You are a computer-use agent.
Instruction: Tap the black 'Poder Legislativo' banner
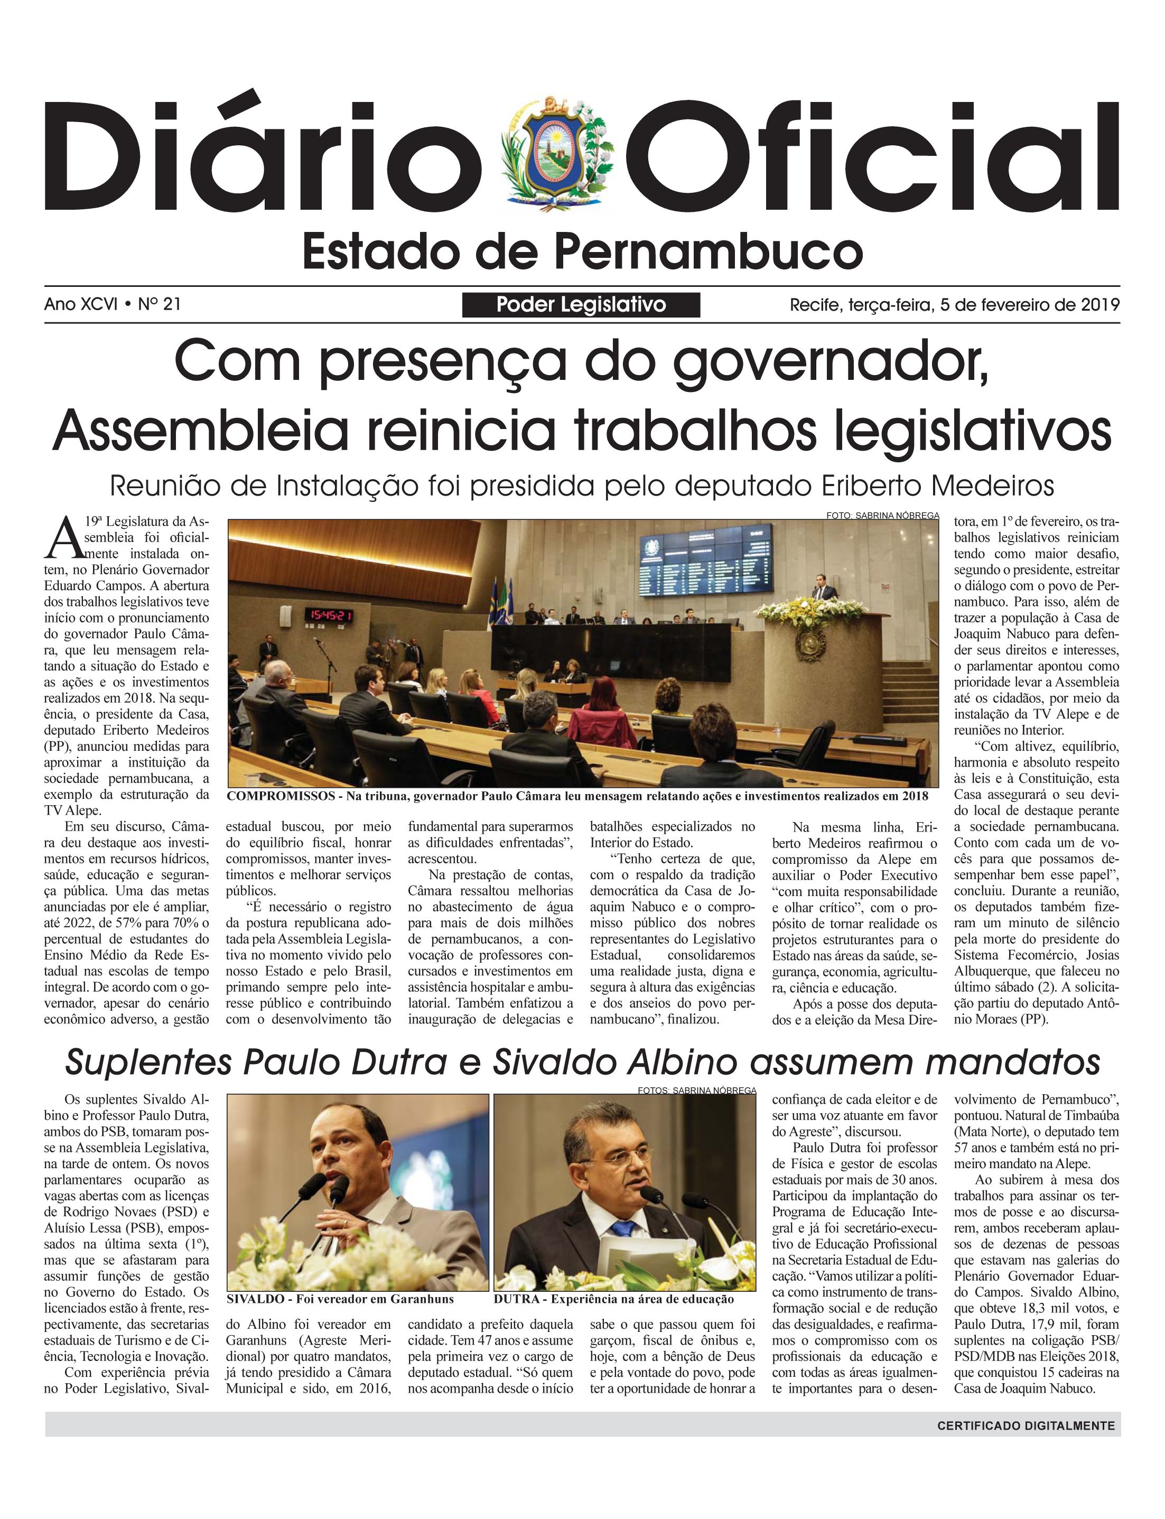(581, 304)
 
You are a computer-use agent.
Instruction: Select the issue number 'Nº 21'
(160, 304)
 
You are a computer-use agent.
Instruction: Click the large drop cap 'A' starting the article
(64, 537)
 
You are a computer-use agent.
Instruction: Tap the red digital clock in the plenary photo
(331, 615)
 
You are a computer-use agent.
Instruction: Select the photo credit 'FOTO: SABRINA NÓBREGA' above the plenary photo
(882, 516)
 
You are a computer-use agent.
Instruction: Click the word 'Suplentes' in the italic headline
(148, 1062)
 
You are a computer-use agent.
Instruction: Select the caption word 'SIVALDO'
(256, 1299)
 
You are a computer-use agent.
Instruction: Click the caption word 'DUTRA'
(517, 1299)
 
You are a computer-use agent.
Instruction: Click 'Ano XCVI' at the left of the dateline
(80, 304)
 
